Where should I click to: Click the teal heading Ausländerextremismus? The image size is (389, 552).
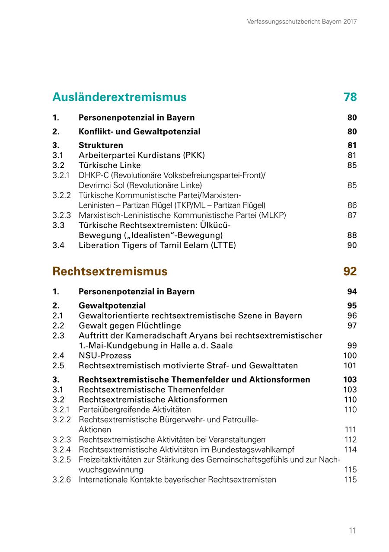pyautogui.click(x=119, y=97)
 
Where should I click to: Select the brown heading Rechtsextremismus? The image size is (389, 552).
pyautogui.click(x=110, y=271)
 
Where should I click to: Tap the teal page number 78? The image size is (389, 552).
pyautogui.click(x=350, y=97)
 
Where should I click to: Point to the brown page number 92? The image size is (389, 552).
pyautogui.click(x=350, y=271)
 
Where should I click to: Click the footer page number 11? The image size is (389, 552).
pyautogui.click(x=353, y=531)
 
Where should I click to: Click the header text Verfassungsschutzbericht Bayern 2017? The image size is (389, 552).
pyautogui.click(x=302, y=21)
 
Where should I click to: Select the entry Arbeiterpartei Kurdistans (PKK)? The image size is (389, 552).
pyautogui.click(x=142, y=155)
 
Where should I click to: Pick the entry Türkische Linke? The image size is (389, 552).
pyautogui.click(x=110, y=165)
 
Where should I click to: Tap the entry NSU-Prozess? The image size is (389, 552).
pyautogui.click(x=105, y=356)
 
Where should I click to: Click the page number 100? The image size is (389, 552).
pyautogui.click(x=350, y=356)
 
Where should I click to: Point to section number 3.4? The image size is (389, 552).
pyautogui.click(x=58, y=246)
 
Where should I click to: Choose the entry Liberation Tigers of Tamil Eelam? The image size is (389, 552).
pyautogui.click(x=157, y=246)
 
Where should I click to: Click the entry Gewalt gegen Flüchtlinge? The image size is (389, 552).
pyautogui.click(x=130, y=325)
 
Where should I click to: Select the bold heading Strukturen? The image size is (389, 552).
pyautogui.click(x=101, y=145)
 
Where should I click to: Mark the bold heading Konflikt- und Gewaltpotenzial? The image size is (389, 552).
pyautogui.click(x=140, y=131)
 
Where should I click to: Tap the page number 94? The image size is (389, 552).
pyautogui.click(x=352, y=292)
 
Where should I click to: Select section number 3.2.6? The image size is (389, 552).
pyautogui.click(x=62, y=480)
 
